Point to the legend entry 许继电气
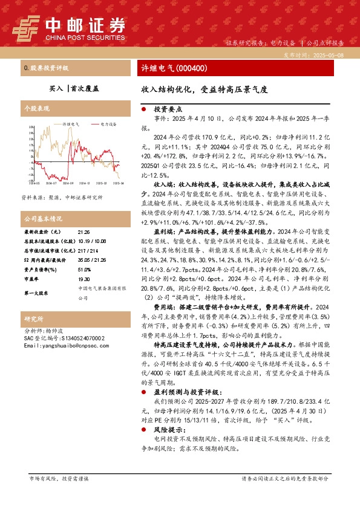(x=71, y=123)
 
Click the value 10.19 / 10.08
(x=91, y=240)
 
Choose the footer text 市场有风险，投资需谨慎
(x=59, y=479)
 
